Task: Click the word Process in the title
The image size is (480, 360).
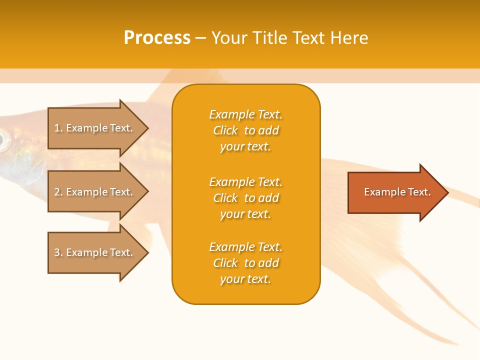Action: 157,38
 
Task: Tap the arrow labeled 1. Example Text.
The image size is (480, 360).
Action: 95,128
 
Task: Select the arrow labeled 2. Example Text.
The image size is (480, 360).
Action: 95,192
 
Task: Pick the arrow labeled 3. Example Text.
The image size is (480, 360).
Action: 95,252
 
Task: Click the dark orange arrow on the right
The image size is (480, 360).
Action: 395,192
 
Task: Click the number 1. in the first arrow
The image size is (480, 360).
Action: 58,128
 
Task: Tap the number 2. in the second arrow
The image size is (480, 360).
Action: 58,192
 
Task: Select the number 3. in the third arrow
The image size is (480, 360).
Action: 58,252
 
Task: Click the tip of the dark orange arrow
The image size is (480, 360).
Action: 447,192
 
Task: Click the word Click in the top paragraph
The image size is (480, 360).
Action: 225,130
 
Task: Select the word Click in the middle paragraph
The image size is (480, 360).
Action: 225,198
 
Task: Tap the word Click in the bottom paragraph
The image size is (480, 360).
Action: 225,263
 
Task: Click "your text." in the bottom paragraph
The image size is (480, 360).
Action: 245,279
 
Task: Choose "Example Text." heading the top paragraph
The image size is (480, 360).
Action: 245,114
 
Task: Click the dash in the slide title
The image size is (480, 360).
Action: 201,38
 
